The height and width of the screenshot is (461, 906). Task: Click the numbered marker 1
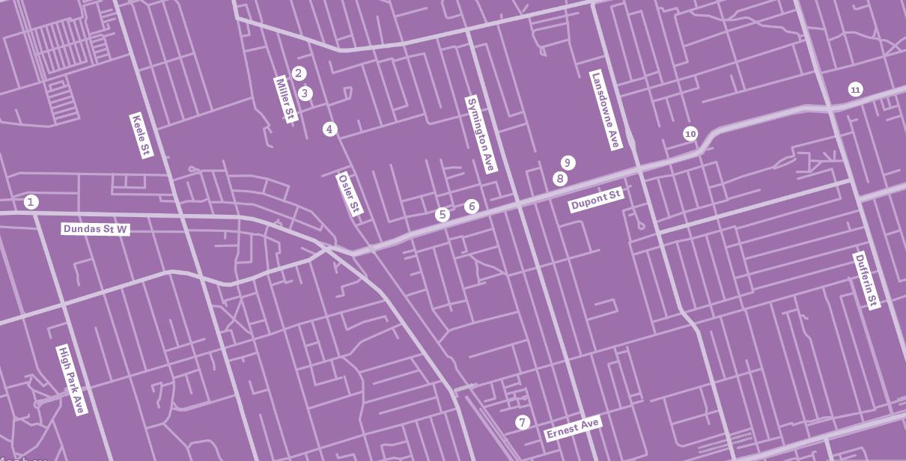[31, 202]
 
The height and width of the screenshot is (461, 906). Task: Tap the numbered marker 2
[299, 73]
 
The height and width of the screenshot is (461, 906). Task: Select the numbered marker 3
[305, 94]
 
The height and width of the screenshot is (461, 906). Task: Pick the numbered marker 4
[329, 129]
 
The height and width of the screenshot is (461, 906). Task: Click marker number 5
[443, 215]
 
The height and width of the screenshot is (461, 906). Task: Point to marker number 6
[471, 207]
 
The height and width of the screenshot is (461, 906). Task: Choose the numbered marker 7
[523, 423]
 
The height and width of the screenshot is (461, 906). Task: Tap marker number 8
[559, 179]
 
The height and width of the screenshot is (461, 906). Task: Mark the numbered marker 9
[568, 163]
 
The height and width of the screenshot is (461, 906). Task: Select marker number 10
[690, 134]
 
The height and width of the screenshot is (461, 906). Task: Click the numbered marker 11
[855, 90]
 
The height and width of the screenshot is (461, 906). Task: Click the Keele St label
[142, 135]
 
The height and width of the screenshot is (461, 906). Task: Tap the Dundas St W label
[96, 228]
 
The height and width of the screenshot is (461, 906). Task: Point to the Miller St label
[286, 100]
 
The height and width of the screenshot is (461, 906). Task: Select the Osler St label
[350, 194]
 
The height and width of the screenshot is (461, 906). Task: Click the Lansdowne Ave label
[606, 110]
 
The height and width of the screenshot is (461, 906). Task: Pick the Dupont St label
[596, 201]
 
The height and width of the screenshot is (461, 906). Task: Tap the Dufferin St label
[867, 280]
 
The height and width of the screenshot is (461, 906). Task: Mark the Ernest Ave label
[573, 429]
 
